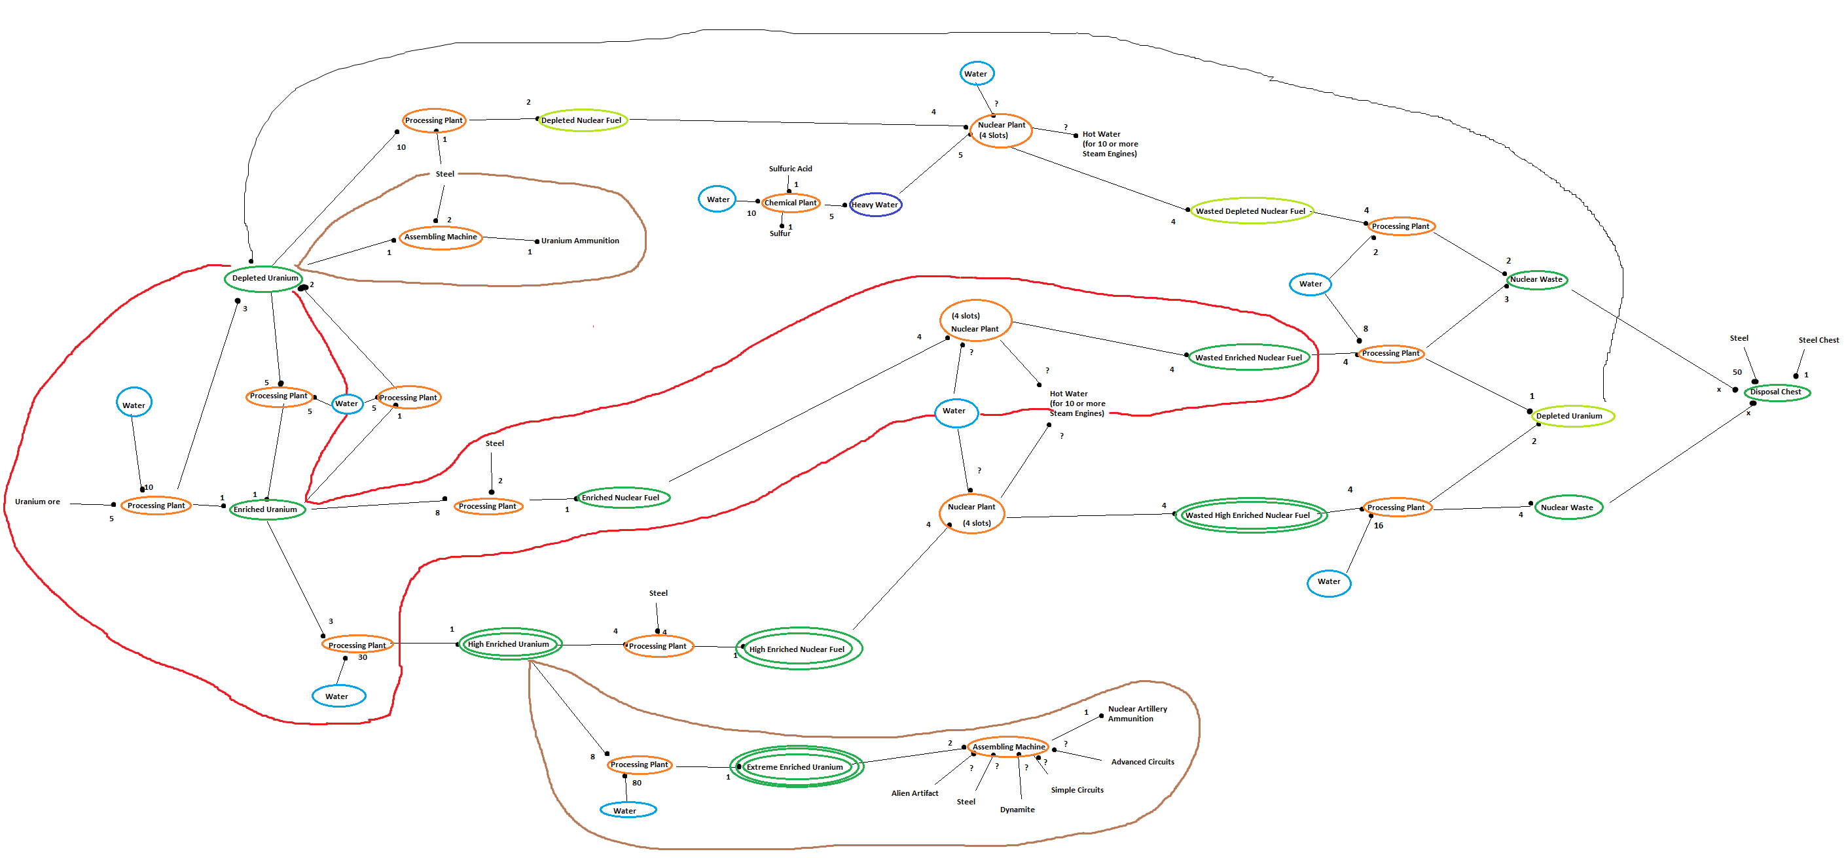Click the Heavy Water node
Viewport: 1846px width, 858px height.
875,205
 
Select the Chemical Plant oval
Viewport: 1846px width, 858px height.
789,203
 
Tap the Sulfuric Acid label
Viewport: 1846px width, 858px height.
789,169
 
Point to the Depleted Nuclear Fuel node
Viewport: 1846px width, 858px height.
581,120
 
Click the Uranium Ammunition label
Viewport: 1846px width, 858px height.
580,241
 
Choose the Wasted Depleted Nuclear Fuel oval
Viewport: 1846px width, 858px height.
1250,211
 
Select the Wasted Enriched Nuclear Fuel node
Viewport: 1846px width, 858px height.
1248,357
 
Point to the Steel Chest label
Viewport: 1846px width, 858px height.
1817,340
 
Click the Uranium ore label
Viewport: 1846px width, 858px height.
37,502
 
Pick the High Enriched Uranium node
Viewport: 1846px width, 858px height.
508,644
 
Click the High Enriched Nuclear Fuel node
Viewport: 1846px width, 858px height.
796,649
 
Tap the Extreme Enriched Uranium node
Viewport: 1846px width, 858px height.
795,767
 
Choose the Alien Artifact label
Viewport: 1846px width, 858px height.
914,793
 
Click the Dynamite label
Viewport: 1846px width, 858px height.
1017,810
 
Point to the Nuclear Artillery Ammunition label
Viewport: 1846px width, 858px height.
1136,713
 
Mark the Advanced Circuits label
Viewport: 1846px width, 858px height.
1142,762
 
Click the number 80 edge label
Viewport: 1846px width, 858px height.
636,783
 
